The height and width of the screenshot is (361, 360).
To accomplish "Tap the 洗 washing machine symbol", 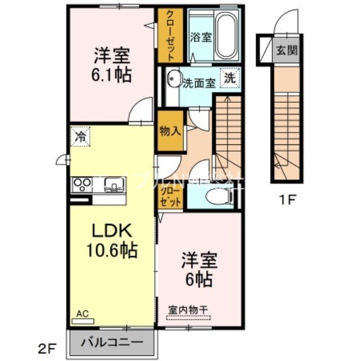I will (230, 77).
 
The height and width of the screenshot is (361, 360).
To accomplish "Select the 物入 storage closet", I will (170, 131).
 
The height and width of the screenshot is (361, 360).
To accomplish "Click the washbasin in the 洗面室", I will (173, 80).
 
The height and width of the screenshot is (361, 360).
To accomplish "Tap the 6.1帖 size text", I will (113, 75).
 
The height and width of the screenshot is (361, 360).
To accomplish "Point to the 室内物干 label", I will (187, 310).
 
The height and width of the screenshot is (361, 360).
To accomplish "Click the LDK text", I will (112, 230).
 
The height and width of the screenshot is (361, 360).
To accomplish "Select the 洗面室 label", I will (199, 83).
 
